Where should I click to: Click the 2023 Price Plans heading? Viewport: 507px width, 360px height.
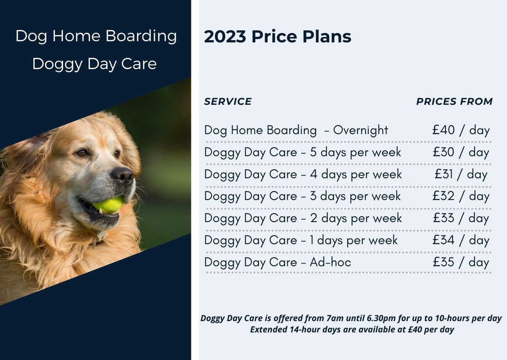(277, 37)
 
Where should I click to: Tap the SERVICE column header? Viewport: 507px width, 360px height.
(228, 101)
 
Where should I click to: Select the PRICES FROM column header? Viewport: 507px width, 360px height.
(454, 101)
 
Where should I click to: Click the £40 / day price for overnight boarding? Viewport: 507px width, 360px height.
(461, 130)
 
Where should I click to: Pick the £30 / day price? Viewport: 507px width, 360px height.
(461, 152)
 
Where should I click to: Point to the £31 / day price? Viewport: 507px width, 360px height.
(461, 174)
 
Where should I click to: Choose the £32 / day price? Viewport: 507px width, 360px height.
(461, 196)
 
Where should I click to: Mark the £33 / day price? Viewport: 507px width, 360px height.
(461, 218)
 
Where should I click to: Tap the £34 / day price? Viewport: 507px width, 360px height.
(461, 240)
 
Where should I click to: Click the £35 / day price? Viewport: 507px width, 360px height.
(461, 262)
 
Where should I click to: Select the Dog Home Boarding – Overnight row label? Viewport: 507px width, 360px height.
(296, 130)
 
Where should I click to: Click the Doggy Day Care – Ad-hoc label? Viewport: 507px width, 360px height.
(277, 262)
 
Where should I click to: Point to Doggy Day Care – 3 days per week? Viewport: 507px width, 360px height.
(302, 196)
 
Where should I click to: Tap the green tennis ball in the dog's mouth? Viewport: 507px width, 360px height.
(109, 205)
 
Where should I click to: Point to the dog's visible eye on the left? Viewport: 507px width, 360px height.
(82, 153)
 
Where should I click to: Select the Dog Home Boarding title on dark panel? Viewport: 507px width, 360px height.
(96, 36)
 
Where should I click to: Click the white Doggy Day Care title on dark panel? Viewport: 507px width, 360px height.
(94, 64)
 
